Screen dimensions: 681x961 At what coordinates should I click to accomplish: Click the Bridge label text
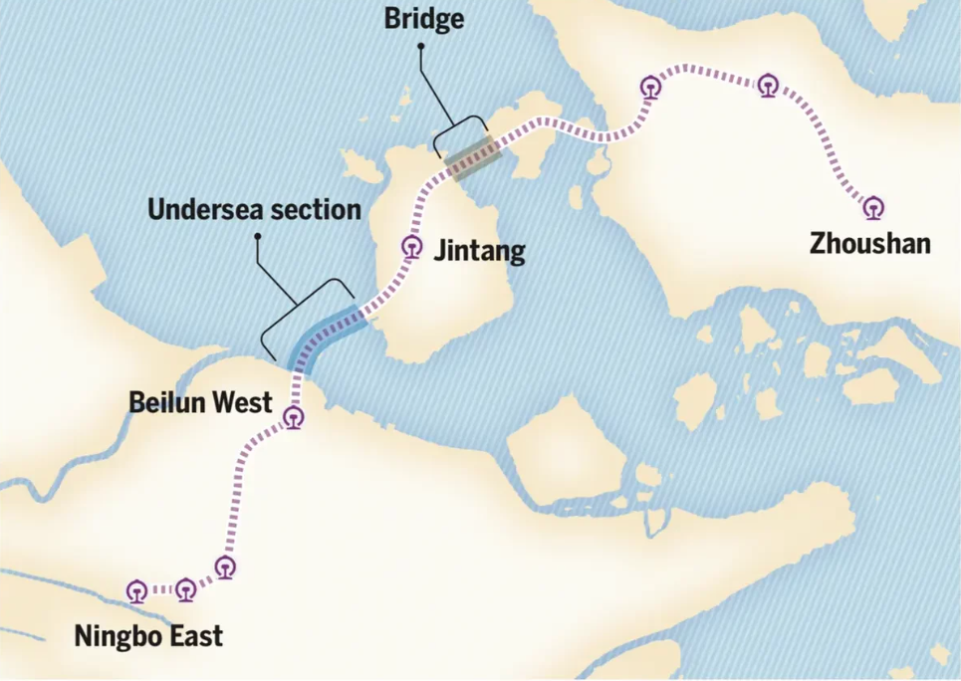pos(424,20)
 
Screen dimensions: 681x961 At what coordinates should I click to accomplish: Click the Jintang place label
pos(479,250)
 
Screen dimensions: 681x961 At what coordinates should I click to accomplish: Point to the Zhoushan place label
pos(870,243)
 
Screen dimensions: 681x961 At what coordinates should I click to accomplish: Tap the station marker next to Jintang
pos(410,246)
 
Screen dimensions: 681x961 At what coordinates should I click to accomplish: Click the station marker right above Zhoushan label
pos(873,208)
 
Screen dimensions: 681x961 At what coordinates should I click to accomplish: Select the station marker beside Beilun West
pos(293,418)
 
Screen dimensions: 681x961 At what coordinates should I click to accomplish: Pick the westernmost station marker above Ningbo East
pos(137,591)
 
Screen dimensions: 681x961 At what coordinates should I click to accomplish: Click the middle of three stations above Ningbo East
pos(186,590)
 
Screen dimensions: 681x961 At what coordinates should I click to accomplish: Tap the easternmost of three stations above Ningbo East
pos(226,567)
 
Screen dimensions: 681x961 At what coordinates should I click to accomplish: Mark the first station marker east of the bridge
pos(651,88)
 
